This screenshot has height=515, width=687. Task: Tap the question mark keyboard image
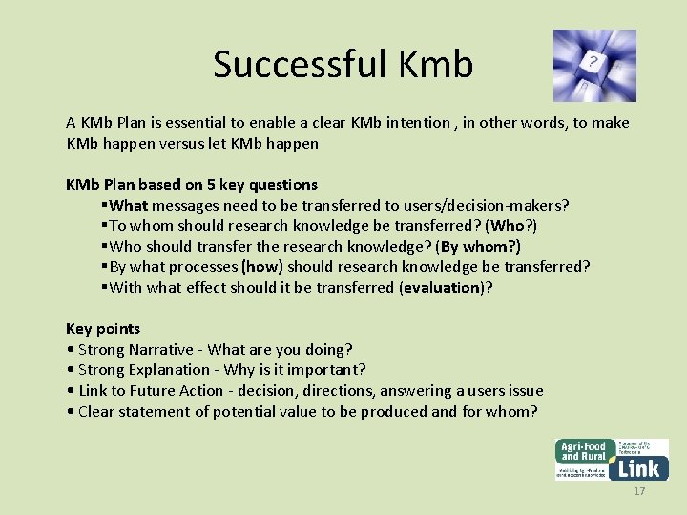594,65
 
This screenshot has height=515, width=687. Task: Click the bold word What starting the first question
129,205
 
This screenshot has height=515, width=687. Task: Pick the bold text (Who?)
511,226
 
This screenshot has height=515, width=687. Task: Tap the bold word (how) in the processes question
262,267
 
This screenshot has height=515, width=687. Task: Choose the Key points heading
103,328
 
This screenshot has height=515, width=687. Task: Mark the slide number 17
639,491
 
